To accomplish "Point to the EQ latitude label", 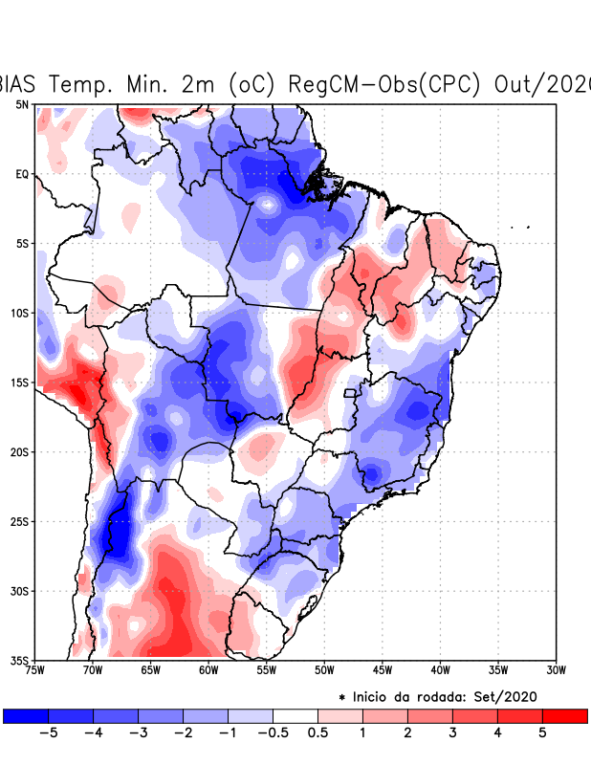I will (x=21, y=174).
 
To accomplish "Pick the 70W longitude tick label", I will (x=93, y=670).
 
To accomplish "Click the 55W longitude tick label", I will (x=267, y=670).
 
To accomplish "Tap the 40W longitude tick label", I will (x=440, y=670).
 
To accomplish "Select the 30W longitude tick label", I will (x=557, y=670).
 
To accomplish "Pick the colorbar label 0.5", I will (x=317, y=732).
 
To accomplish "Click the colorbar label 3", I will (x=452, y=732).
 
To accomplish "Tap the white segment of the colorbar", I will (x=295, y=715).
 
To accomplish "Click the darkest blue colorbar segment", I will (x=26, y=715).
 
